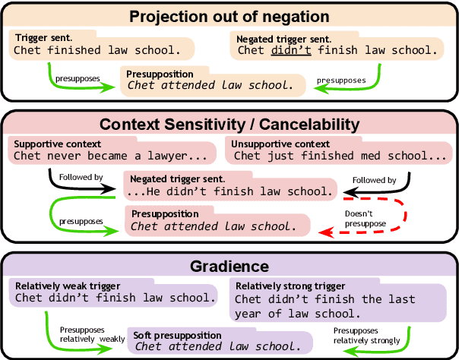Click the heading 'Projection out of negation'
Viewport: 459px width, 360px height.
pyautogui.click(x=229, y=16)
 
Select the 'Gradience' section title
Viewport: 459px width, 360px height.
pyautogui.click(x=229, y=266)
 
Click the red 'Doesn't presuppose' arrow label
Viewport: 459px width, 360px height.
pyautogui.click(x=362, y=219)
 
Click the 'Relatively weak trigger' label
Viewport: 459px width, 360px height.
pyautogui.click(x=66, y=286)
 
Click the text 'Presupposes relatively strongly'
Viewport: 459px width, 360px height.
pyautogui.click(x=366, y=336)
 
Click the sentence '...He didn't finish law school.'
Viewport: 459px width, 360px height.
pyautogui.click(x=229, y=191)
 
